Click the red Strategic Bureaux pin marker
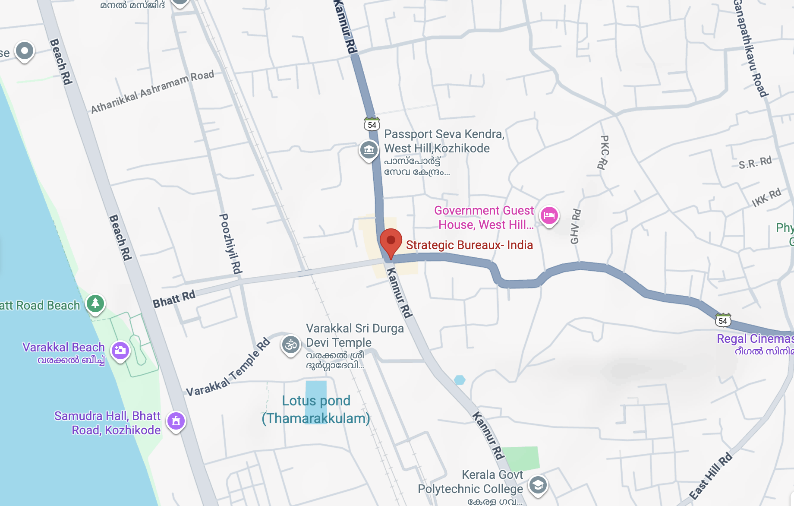391,241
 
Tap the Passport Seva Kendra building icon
369,150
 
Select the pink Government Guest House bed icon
549,215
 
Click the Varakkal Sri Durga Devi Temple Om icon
291,345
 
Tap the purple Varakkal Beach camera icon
120,350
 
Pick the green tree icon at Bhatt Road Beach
95,303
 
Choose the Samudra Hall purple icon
176,421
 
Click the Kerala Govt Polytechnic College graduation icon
538,485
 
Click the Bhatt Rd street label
174,299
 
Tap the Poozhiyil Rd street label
231,244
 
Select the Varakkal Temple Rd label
228,368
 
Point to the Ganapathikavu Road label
751,47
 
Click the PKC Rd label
604,152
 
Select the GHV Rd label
576,226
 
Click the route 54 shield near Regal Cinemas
723,320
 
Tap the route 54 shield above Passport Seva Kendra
372,124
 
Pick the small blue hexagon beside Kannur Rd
460,380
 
